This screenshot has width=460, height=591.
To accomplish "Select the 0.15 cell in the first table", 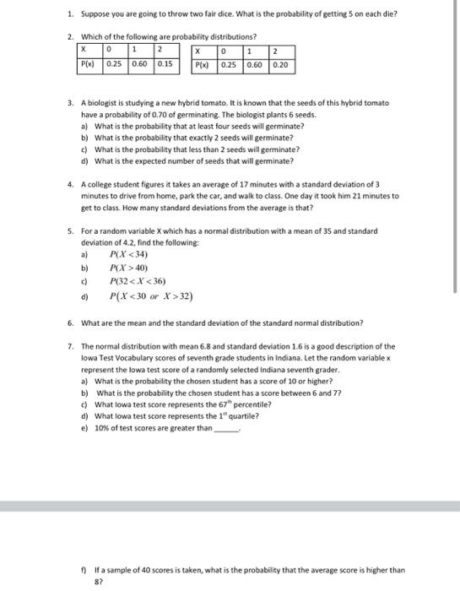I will point(165,63).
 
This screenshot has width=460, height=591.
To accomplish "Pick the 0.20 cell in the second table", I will point(281,63).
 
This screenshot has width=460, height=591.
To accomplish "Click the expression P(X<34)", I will point(129,253).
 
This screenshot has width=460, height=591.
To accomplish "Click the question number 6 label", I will point(71,323).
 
